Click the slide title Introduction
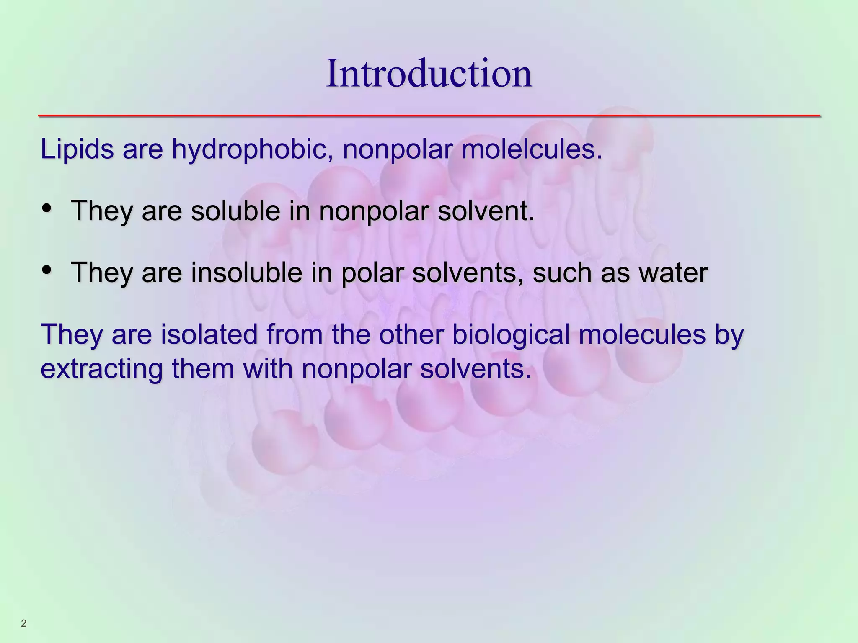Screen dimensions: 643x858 [429, 74]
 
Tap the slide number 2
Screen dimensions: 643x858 [23, 624]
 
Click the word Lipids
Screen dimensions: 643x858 [77, 149]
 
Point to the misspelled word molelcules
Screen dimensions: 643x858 [531, 149]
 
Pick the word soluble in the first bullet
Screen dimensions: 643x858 [235, 211]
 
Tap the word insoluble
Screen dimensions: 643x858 [247, 273]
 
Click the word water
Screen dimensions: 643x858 [673, 273]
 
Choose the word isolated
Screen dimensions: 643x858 [209, 334]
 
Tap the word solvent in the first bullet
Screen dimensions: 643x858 [486, 211]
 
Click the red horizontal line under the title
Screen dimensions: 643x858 [429, 116]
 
